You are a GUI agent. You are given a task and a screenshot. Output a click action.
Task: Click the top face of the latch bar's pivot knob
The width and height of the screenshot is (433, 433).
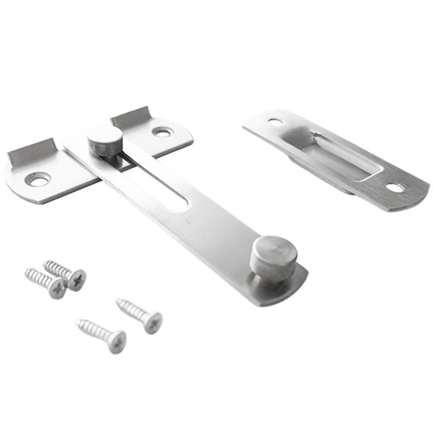pos(104,135)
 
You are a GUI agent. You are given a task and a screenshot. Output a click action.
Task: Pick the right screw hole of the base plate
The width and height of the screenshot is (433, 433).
pos(162,132)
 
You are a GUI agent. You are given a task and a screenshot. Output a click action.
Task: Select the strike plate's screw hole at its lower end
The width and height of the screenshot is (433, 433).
pos(395,188)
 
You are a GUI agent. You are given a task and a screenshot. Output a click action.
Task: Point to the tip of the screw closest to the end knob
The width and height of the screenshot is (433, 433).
pos(117,301)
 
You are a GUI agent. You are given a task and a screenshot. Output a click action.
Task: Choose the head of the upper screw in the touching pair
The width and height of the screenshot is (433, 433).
pos(76,279)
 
